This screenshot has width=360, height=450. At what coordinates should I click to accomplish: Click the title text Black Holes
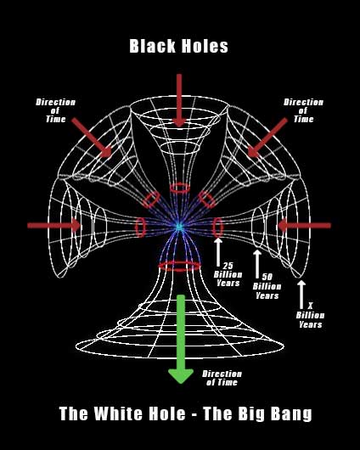click(179, 47)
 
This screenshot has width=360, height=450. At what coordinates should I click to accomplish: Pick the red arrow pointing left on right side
click(304, 226)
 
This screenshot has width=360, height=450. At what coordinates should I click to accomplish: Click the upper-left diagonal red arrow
click(93, 138)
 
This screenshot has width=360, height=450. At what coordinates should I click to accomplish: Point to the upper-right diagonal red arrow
click(265, 138)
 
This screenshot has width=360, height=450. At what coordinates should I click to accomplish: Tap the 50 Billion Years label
click(267, 286)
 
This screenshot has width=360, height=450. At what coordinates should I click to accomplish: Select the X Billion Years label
click(310, 314)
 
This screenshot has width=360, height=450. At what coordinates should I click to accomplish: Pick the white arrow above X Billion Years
click(301, 292)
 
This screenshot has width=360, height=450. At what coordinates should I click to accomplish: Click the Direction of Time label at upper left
click(55, 110)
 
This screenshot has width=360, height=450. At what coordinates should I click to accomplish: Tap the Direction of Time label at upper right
click(303, 110)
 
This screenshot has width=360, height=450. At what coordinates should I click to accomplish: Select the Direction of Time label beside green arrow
click(222, 379)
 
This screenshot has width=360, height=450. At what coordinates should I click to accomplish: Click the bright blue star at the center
click(179, 227)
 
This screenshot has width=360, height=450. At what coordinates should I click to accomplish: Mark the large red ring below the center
click(179, 266)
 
